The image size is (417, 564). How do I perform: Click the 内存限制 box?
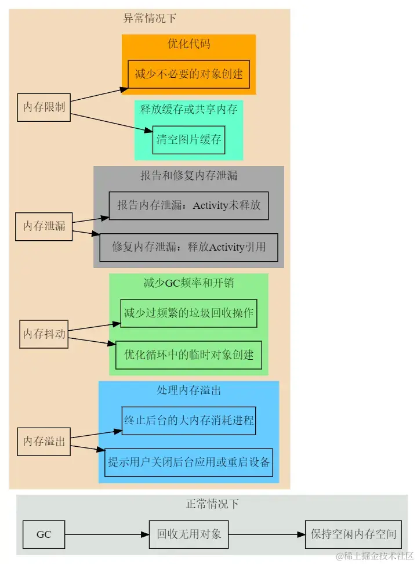coord(43,107)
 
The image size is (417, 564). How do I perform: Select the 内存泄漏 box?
coord(43,226)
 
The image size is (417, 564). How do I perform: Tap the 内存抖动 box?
coord(43,334)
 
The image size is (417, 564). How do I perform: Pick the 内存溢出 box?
coord(43,442)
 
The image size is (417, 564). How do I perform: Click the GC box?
coord(43,534)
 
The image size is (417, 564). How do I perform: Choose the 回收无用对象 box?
coord(188,534)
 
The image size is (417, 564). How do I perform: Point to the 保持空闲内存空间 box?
coord(354,534)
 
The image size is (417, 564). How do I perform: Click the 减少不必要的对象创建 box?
coord(188,74)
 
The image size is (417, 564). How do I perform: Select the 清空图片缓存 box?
coord(188,140)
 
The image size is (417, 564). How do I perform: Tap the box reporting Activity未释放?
coord(188,206)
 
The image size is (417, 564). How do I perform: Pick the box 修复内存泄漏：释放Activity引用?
coord(188,247)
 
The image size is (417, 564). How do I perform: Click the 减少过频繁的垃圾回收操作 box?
coord(188,313)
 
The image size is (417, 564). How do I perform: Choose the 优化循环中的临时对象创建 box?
coord(188,355)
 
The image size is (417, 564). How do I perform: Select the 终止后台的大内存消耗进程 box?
coord(188,421)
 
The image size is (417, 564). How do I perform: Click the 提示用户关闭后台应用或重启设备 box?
coord(188,462)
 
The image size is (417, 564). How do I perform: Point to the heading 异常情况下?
coord(150,19)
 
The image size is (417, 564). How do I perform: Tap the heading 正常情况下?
coord(212,504)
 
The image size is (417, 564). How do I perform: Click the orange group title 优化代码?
coord(188,44)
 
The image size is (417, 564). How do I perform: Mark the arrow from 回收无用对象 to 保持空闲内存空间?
coord(266,534)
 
